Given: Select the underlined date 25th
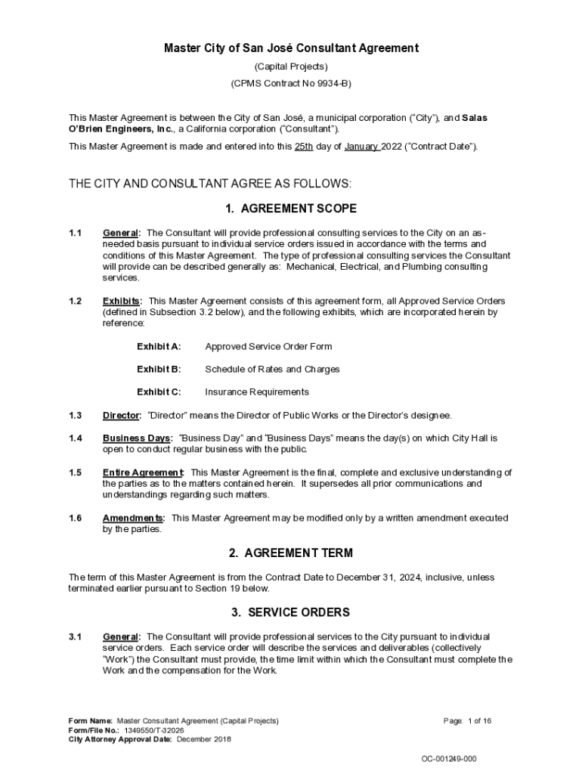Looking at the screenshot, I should tap(304, 147).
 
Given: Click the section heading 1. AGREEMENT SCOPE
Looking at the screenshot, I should tap(291, 209).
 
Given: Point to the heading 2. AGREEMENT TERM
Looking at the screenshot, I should tap(291, 553).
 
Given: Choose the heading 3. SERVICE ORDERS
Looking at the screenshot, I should tap(291, 612).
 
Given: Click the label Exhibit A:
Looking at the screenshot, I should tap(159, 347).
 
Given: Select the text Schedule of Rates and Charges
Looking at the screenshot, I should tap(272, 370).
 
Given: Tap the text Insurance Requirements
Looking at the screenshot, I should tap(257, 392).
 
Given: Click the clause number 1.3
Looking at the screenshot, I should tap(75, 416).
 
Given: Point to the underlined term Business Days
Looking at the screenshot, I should tap(137, 438).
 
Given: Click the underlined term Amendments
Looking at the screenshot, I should tap(132, 519).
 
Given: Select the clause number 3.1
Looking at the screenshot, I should tap(75, 637).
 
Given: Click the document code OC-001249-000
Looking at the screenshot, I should tap(449, 758).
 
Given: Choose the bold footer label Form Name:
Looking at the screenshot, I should tap(91, 721).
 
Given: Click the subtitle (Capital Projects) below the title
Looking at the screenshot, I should tap(291, 67).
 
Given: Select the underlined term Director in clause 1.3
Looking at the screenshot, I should tap(121, 416).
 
